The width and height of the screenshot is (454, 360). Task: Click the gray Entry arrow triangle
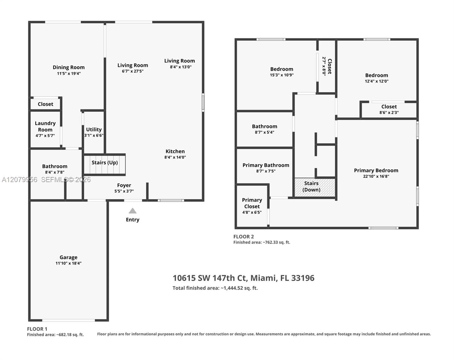[x=133, y=211]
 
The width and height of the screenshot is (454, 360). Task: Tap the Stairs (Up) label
[x=105, y=163]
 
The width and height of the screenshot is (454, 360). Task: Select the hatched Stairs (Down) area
[x=315, y=187]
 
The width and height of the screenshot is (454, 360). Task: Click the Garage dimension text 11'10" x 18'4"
[x=69, y=263]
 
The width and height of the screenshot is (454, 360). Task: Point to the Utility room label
[x=94, y=129]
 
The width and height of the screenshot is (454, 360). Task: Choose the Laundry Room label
[x=45, y=126]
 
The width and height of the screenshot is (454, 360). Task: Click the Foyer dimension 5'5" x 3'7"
[x=124, y=191]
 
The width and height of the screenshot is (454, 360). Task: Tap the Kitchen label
[x=175, y=151]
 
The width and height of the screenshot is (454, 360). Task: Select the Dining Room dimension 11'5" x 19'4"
[x=69, y=73]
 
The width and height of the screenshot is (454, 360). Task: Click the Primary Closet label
[x=252, y=203]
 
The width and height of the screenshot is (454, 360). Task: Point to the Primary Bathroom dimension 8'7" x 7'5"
[x=266, y=171]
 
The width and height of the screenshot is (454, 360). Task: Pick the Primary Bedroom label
[x=376, y=170]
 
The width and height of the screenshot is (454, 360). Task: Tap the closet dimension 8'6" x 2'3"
[x=389, y=112]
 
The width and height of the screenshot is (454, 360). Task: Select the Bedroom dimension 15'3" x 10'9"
[x=282, y=75]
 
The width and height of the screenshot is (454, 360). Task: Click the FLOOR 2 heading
[x=244, y=237]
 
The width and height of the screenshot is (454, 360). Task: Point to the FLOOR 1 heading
[x=37, y=329]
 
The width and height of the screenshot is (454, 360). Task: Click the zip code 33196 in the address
[x=303, y=278]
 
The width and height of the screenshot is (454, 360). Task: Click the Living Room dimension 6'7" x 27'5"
[x=133, y=71]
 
